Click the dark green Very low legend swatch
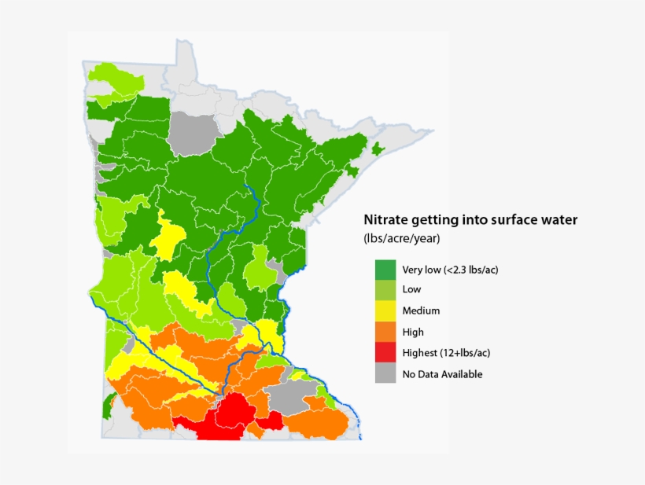385,270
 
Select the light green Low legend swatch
385,290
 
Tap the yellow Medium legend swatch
385,311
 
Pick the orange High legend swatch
385,333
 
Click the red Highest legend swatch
385,353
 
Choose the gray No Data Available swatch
385,374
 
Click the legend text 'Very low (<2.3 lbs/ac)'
450,270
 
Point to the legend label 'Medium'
421,311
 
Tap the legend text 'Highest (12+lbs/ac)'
446,353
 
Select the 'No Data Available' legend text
442,374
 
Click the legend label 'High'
413,333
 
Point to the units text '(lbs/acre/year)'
401,238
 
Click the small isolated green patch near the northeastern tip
378,149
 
